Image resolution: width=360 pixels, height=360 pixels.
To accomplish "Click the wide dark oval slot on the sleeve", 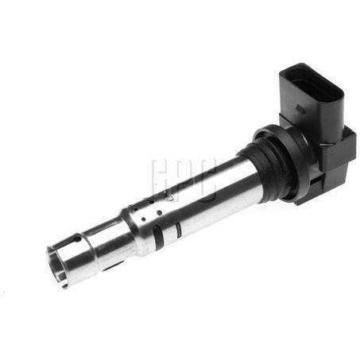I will (x=160, y=235).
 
